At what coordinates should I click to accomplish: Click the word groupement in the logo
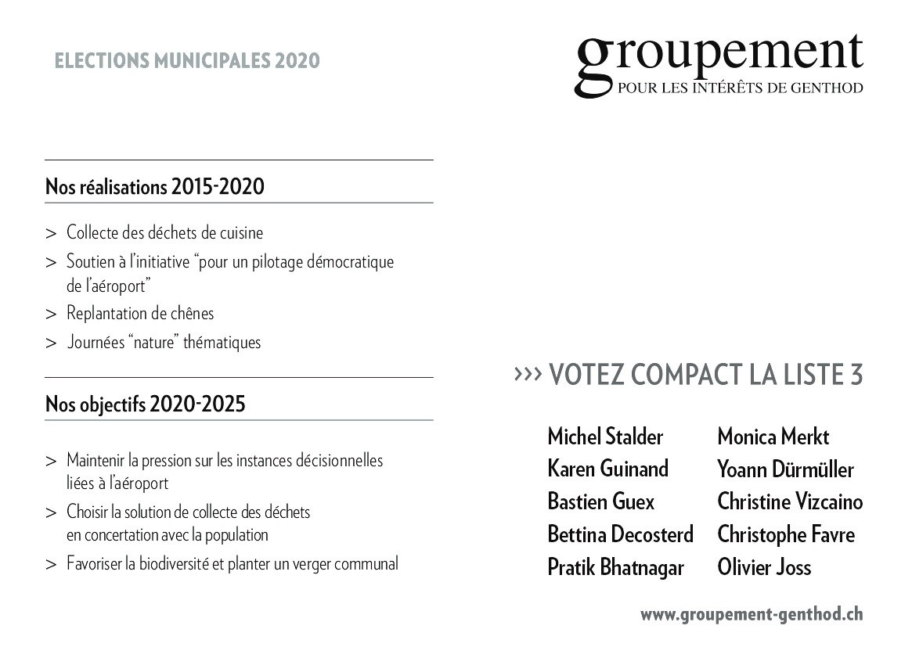[x=719, y=56]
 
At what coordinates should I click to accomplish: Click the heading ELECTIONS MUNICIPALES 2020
[x=187, y=61]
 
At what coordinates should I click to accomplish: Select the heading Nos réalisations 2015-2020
[x=155, y=188]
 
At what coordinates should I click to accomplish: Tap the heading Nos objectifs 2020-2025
[x=145, y=404]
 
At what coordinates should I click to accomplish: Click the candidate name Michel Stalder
[x=605, y=437]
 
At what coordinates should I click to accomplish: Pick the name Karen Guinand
[x=608, y=469]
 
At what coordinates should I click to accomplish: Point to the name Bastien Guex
[x=601, y=501]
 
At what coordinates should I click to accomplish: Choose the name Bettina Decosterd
[x=620, y=534]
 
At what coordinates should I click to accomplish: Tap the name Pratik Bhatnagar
[x=615, y=567]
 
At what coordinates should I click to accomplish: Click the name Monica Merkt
[x=773, y=437]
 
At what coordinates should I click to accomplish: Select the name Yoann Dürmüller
[x=785, y=469]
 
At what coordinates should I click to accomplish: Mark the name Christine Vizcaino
[x=790, y=501]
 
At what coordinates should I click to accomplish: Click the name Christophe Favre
[x=786, y=534]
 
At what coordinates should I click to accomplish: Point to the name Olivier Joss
[x=764, y=567]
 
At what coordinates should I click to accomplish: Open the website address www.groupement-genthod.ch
[x=752, y=615]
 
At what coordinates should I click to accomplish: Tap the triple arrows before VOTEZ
[x=528, y=375]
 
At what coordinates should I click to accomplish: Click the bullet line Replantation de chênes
[x=140, y=314]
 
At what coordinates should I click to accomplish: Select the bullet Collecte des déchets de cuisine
[x=164, y=233]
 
